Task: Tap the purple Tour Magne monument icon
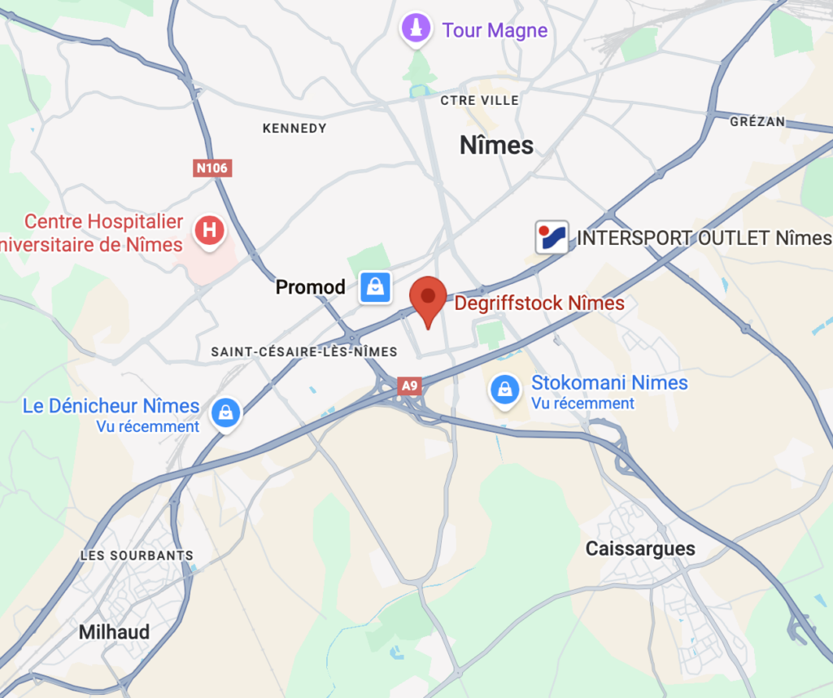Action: (416, 28)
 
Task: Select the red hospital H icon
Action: (209, 230)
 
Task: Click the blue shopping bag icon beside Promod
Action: (375, 286)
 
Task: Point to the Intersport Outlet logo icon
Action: (552, 238)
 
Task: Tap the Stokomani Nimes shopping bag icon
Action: (505, 390)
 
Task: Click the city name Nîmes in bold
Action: (496, 145)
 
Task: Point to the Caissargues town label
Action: (640, 548)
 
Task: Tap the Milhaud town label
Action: (114, 632)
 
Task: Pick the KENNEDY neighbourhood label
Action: (294, 128)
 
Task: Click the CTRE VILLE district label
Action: (479, 100)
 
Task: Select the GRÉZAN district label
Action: (757, 121)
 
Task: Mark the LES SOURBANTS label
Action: (137, 556)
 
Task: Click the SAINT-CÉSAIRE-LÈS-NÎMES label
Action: (304, 351)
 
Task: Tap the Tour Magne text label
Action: (495, 31)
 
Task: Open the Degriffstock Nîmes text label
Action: (539, 303)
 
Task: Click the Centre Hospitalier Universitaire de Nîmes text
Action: (94, 232)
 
